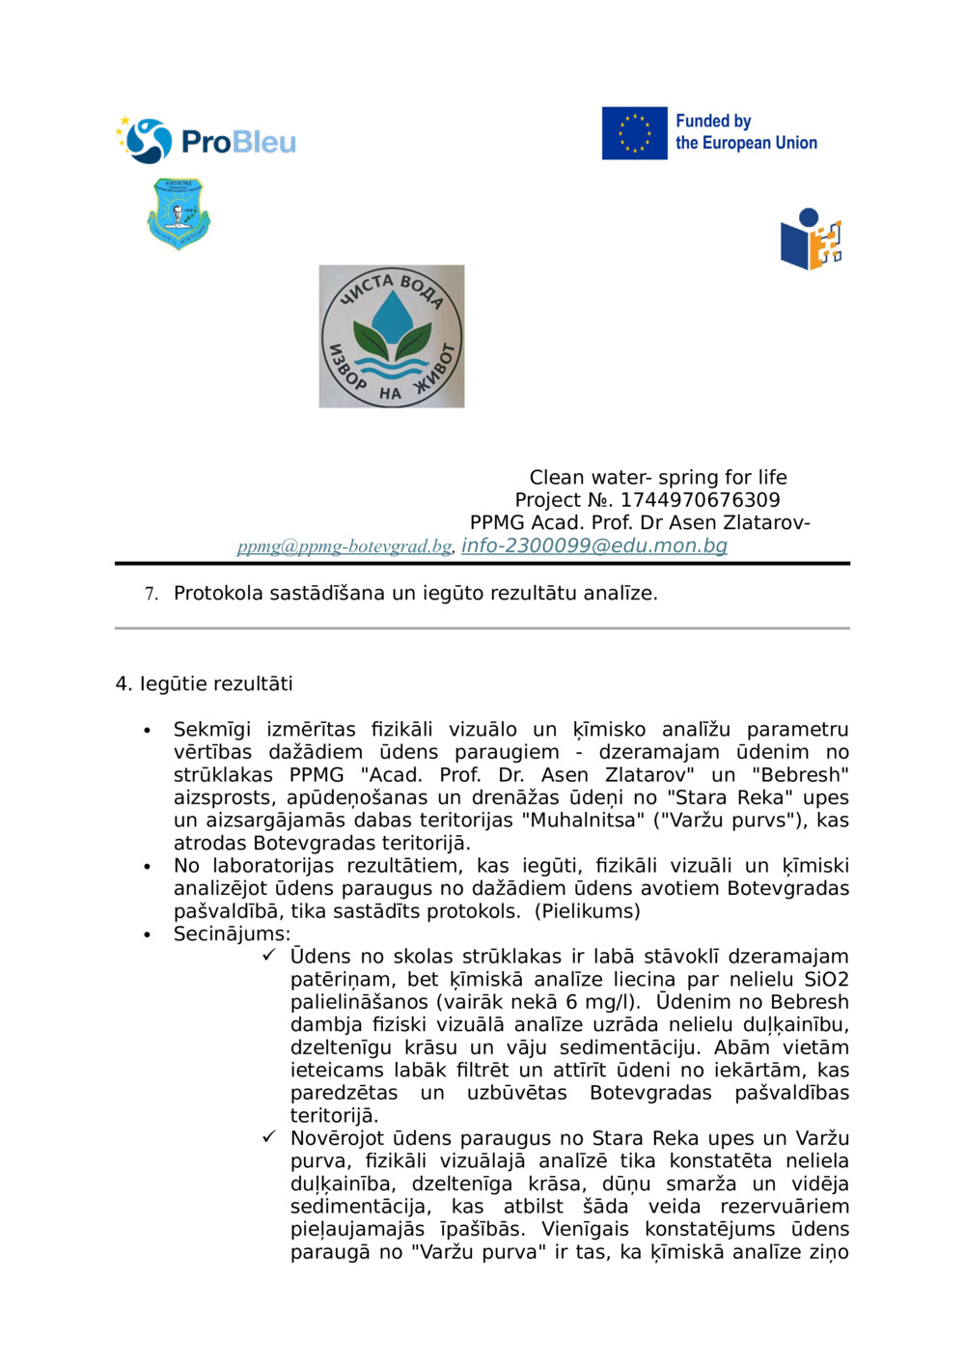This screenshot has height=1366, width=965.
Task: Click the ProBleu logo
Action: pyautogui.click(x=207, y=141)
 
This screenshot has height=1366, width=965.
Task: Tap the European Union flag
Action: pyautogui.click(x=634, y=133)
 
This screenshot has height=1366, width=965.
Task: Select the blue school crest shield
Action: pyautogui.click(x=179, y=213)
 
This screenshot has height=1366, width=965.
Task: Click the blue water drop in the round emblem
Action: pyautogui.click(x=391, y=316)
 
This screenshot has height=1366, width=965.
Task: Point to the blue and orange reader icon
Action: pyautogui.click(x=811, y=239)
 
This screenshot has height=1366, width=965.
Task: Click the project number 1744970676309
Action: pyautogui.click(x=700, y=500)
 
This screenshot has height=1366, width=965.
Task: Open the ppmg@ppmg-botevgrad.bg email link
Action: pyautogui.click(x=345, y=546)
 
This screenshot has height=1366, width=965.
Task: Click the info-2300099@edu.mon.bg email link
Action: pyautogui.click(x=593, y=545)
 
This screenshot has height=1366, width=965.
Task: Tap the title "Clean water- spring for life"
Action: pyautogui.click(x=657, y=477)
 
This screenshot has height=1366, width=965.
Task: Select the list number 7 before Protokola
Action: pyautogui.click(x=151, y=594)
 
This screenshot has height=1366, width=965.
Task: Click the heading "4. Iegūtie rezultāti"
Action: pyautogui.click(x=204, y=683)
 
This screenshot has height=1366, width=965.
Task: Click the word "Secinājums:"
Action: pyautogui.click(x=232, y=934)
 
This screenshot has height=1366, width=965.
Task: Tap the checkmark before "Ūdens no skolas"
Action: pyautogui.click(x=269, y=956)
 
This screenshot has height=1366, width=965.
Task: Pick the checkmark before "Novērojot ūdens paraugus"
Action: pyautogui.click(x=269, y=1137)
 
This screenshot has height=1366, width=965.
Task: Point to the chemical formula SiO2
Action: pyautogui.click(x=826, y=979)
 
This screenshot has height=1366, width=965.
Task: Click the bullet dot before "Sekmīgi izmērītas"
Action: pyautogui.click(x=147, y=730)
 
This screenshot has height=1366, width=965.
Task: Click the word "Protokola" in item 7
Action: pyautogui.click(x=218, y=593)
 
